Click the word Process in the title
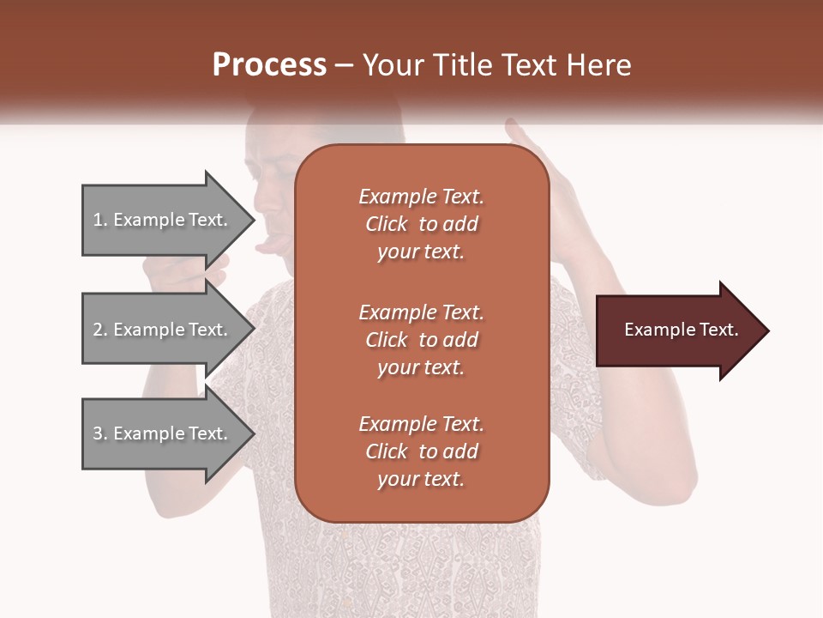pos(269,65)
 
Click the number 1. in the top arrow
pos(100,220)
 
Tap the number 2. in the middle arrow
pos(100,330)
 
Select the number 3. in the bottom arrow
pos(100,433)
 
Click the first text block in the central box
pos(422,224)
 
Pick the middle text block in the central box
pos(422,340)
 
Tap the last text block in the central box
pos(422,451)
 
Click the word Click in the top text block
pos(386,224)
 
